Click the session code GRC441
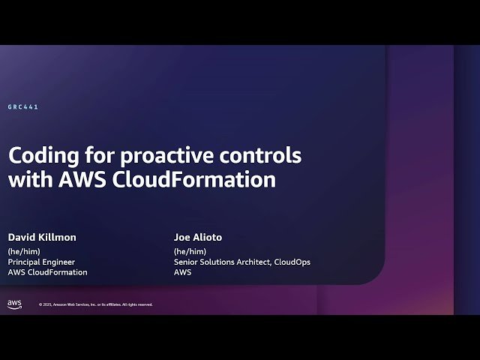click(23, 107)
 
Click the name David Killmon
click(42, 237)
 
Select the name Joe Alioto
click(198, 237)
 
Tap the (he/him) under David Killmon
click(24, 250)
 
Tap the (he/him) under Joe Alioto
click(190, 250)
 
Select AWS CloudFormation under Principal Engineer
click(48, 272)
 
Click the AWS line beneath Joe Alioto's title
click(182, 272)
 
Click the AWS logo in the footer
click(15, 304)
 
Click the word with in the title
click(29, 180)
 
